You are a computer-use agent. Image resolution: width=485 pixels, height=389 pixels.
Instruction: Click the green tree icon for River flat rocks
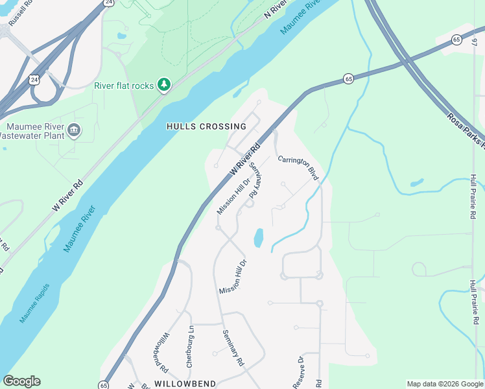pos(165,85)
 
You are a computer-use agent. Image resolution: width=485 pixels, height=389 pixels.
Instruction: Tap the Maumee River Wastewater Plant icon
pos(73,130)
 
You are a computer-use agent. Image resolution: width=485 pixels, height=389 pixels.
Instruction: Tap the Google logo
pos(21,381)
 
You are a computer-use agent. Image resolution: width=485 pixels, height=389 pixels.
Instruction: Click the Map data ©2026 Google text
pos(445,384)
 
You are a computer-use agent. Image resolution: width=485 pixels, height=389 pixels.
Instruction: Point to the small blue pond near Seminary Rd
pos(259,238)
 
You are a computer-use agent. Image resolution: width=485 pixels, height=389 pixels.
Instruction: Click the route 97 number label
pos(475,43)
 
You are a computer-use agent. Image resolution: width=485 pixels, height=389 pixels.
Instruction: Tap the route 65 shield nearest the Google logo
pos(104,385)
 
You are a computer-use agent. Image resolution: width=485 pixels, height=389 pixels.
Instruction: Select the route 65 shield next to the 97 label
pos(457,40)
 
